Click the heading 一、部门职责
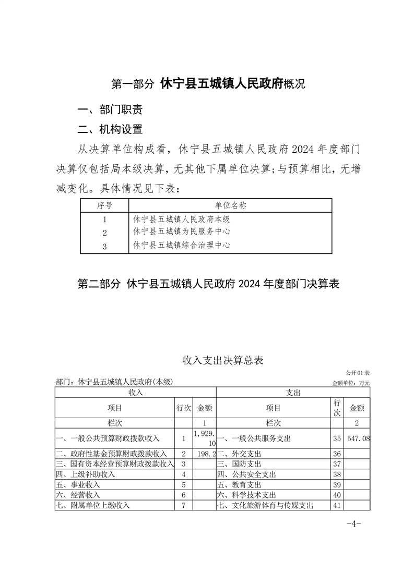110,110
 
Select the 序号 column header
104,205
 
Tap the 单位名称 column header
230,205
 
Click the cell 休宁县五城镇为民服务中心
182,231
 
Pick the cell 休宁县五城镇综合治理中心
182,245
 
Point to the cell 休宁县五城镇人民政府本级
182,219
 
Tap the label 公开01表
357,373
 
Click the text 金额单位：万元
351,383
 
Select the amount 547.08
359,439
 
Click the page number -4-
353,524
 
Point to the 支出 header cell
293,392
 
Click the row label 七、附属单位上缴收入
92,505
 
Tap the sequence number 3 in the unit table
105,246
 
